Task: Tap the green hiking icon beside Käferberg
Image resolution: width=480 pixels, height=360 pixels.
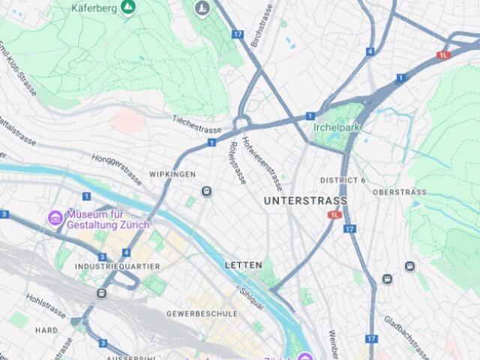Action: (x=128, y=7)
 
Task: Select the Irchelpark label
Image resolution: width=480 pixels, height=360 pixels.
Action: (x=337, y=127)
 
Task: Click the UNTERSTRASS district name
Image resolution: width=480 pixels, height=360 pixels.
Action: (x=305, y=201)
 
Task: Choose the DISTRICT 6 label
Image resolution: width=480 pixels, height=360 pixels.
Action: (x=343, y=180)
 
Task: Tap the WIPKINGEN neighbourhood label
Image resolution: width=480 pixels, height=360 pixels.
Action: (x=172, y=174)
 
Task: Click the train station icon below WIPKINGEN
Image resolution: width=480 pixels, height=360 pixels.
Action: (x=206, y=192)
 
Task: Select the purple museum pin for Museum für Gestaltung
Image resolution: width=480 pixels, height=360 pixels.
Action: (x=55, y=218)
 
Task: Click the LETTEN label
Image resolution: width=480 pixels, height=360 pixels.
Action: (x=244, y=265)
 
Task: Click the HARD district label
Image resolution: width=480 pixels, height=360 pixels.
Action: (x=46, y=330)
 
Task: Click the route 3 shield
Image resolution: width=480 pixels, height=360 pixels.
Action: (x=4, y=214)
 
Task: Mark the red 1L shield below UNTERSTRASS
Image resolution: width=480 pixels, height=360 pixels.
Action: (x=334, y=214)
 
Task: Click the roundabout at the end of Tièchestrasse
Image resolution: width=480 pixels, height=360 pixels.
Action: (x=241, y=124)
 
